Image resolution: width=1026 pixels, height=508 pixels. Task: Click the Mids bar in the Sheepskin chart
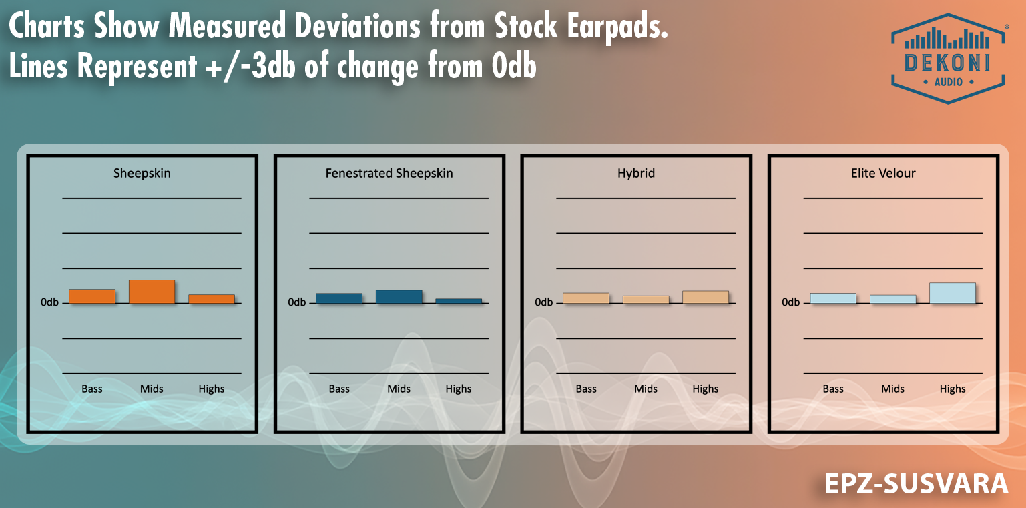152,291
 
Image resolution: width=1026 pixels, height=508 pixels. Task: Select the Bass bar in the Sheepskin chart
92,296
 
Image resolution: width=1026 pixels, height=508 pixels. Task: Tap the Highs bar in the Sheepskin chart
212,298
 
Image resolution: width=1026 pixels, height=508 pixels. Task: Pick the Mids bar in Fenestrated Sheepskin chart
399,296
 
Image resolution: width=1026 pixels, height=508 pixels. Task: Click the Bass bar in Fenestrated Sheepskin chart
339,298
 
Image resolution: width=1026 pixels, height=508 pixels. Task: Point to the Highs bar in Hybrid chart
706,297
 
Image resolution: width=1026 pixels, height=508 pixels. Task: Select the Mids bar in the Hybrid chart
646,300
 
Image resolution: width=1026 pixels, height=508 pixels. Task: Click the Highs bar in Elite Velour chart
953,292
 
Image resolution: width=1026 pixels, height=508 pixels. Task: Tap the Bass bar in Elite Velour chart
833,298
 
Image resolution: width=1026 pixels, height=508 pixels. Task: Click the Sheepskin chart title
142,173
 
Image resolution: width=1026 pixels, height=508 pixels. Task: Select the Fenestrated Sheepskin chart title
389,173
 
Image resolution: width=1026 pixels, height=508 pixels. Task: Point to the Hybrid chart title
636,173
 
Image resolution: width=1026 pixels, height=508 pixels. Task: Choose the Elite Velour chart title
883,173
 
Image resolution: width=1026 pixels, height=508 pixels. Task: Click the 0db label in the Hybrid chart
543,302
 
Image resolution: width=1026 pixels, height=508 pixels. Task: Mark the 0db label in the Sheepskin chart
49,302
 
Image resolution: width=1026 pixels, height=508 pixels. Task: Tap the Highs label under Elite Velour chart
953,389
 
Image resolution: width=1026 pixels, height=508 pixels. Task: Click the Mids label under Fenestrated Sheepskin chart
399,389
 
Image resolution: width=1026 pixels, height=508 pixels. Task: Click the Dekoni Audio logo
948,59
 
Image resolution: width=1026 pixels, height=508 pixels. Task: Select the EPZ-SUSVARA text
916,484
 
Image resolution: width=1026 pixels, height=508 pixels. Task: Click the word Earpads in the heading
617,27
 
